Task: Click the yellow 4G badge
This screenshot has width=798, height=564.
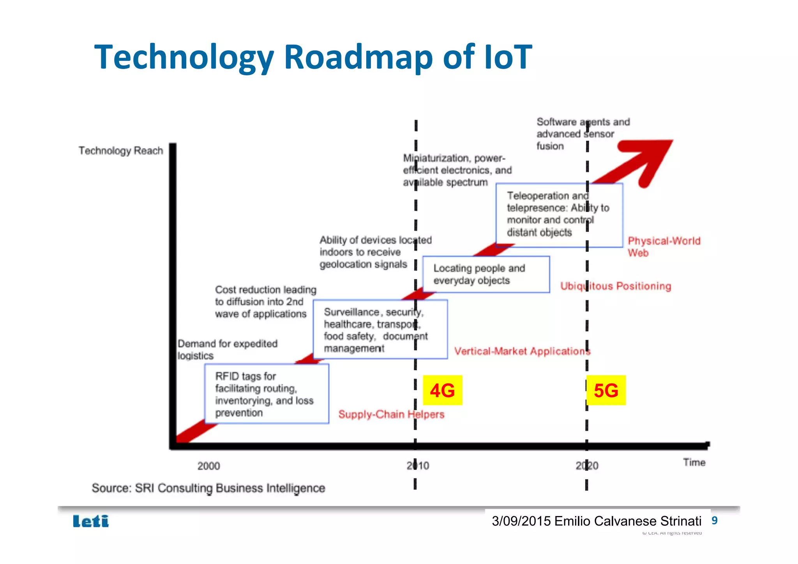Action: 442,390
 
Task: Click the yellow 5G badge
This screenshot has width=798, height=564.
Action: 606,390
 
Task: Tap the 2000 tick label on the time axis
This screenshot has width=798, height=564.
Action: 208,466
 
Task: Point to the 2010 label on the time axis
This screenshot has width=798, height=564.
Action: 418,465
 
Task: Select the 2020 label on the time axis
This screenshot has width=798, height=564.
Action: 587,465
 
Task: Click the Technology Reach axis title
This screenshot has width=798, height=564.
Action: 121,151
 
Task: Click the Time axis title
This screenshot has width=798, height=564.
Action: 694,462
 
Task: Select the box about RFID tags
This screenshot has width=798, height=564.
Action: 267,394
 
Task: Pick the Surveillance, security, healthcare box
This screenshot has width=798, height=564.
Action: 380,329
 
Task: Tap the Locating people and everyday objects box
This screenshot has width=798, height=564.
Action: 486,274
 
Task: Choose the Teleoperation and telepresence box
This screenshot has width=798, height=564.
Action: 559,215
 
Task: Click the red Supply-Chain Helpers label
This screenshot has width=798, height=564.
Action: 391,414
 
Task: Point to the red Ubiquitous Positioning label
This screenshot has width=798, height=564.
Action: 616,286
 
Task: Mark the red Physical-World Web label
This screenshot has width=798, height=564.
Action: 664,246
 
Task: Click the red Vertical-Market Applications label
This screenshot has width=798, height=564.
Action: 522,351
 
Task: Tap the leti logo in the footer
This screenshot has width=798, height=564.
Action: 91,521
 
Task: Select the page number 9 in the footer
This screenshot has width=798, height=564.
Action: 714,520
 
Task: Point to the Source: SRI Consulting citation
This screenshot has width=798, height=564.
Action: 208,488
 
